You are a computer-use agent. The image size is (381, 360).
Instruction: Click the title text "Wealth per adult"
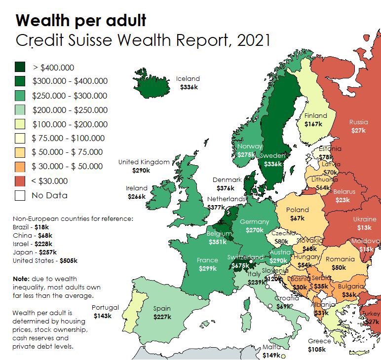pyautogui.click(x=81, y=20)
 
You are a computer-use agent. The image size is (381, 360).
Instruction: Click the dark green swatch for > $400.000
pyautogui.click(x=20, y=67)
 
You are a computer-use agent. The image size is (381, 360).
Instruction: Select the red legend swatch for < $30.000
pyautogui.click(x=20, y=181)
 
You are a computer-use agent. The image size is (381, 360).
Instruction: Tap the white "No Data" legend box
pyautogui.click(x=20, y=195)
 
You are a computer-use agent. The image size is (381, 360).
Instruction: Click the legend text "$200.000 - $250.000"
pyautogui.click(x=70, y=110)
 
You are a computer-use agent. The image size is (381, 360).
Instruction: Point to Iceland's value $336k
pyautogui.click(x=188, y=86)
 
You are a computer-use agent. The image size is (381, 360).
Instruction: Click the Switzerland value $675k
pyautogui.click(x=240, y=265)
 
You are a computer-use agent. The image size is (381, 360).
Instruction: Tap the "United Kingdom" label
pyautogui.click(x=144, y=162)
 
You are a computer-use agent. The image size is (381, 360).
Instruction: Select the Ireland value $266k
pyautogui.click(x=136, y=196)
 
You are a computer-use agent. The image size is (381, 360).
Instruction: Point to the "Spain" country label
pyautogui.click(x=162, y=309)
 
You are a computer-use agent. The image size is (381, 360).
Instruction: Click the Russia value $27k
pyautogui.click(x=358, y=131)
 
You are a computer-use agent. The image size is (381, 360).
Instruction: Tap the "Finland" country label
pyautogui.click(x=315, y=115)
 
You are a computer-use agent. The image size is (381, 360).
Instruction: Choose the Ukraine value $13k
pyautogui.click(x=365, y=227)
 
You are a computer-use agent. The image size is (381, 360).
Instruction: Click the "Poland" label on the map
pyautogui.click(x=298, y=210)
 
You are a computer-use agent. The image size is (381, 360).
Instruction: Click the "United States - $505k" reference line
pyautogui.click(x=45, y=260)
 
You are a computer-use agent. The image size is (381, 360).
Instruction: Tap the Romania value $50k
pyautogui.click(x=339, y=267)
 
